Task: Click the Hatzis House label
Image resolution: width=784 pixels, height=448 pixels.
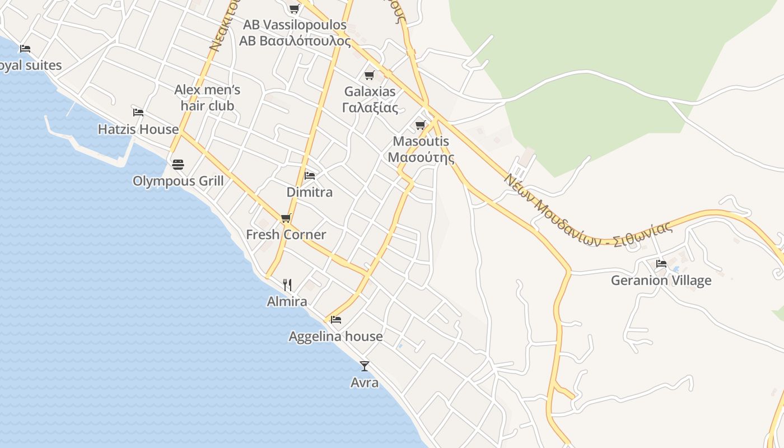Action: point(138,129)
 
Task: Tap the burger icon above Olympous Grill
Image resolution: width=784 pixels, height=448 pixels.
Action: point(178,164)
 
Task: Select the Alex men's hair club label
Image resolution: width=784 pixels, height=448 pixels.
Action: point(207,97)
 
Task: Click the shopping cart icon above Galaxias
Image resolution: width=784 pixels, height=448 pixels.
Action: point(369,75)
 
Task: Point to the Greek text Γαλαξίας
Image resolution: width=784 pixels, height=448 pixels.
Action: point(370,108)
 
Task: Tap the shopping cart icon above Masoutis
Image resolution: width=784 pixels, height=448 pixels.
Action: point(421,125)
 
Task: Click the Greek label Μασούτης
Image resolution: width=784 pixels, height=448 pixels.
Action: point(421,157)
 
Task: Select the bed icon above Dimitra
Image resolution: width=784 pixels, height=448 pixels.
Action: point(309,176)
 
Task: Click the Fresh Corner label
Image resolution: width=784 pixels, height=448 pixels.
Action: point(286,235)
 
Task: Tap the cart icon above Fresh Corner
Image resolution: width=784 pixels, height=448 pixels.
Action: point(286,218)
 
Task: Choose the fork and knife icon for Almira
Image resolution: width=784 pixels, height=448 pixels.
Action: point(287,285)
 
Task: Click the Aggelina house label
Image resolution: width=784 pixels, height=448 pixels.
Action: point(335,337)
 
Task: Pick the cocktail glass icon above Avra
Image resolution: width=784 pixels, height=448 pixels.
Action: point(365,366)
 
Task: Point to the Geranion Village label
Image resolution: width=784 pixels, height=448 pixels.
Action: point(661,281)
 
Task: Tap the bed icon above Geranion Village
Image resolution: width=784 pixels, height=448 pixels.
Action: point(661,263)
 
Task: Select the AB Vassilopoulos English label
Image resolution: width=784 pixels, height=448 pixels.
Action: point(295,25)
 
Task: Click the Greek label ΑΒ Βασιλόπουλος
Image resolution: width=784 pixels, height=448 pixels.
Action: point(295,41)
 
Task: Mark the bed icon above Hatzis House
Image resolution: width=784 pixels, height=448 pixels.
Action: point(138,112)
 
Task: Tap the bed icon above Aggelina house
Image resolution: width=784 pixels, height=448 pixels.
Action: point(336,320)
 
